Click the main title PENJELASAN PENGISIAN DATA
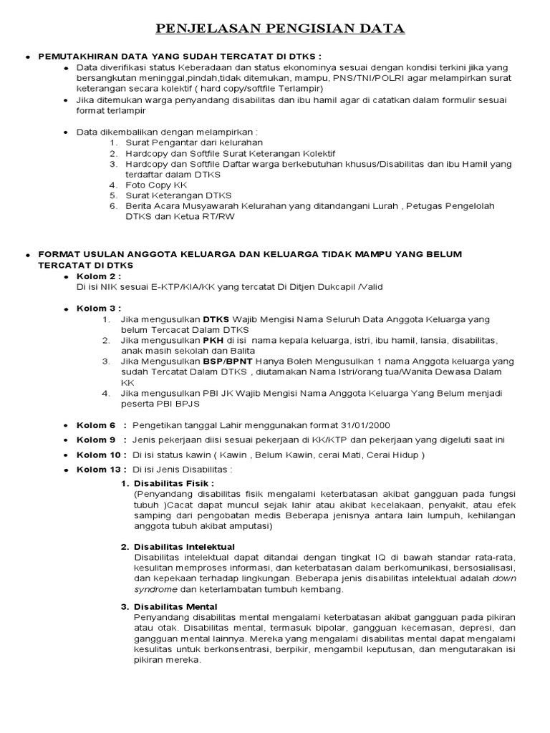281,29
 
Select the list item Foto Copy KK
156,185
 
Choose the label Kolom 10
98,455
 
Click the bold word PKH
213,340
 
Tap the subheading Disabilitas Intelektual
185,547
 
